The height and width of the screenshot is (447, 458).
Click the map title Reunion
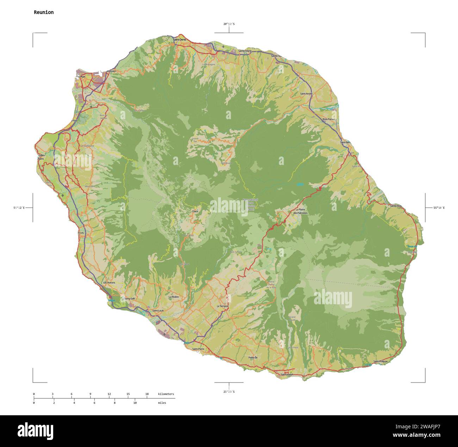pos(44,12)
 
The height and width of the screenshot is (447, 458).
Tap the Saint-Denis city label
pos(180,39)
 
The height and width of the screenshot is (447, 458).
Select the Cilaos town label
pos(195,211)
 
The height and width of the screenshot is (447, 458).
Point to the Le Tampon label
pos(222,306)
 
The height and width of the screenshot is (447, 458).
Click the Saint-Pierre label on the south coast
pos(198,349)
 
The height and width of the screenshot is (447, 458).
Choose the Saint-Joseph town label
pos(286,374)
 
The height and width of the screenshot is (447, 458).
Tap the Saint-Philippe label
pos(380,361)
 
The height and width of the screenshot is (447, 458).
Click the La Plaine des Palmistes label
pos(301,212)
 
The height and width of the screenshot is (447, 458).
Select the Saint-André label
pos(306,93)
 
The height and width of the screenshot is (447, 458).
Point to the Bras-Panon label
pos(328,120)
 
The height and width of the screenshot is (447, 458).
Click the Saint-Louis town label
pos(158,311)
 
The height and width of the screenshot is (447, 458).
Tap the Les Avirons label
pos(109,283)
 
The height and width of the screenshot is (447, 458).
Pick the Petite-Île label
pos(253,357)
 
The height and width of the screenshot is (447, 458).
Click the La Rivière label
pos(174,297)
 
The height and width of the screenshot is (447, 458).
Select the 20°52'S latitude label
pos(229,24)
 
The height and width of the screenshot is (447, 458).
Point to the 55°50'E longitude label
pos(439,208)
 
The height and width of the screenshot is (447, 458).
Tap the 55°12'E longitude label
pos(19,208)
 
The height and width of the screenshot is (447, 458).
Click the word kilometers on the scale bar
pos(166,394)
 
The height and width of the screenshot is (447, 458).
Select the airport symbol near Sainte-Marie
pos(223,47)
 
